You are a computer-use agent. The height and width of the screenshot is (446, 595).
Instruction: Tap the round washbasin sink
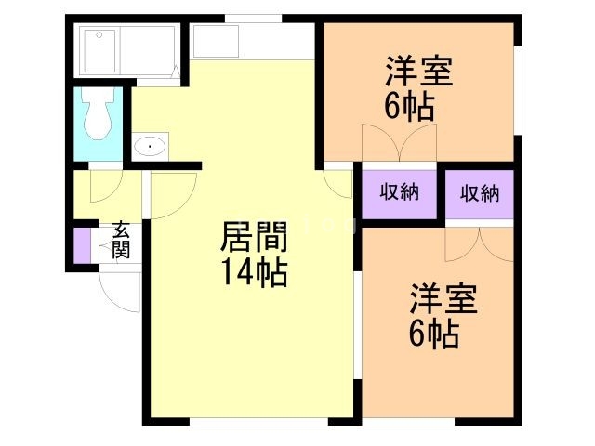click(x=150, y=146)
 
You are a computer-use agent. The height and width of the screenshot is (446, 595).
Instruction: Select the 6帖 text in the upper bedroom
click(x=409, y=107)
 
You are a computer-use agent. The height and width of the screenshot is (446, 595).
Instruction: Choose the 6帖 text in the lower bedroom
click(x=433, y=334)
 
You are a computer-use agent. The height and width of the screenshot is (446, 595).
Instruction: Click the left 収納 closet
click(x=399, y=193)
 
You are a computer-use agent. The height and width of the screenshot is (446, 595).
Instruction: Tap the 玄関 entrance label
click(x=122, y=240)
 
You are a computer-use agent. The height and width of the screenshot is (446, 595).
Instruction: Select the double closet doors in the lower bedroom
click(x=480, y=243)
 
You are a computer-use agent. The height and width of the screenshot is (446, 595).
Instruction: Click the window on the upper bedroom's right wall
click(x=518, y=89)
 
